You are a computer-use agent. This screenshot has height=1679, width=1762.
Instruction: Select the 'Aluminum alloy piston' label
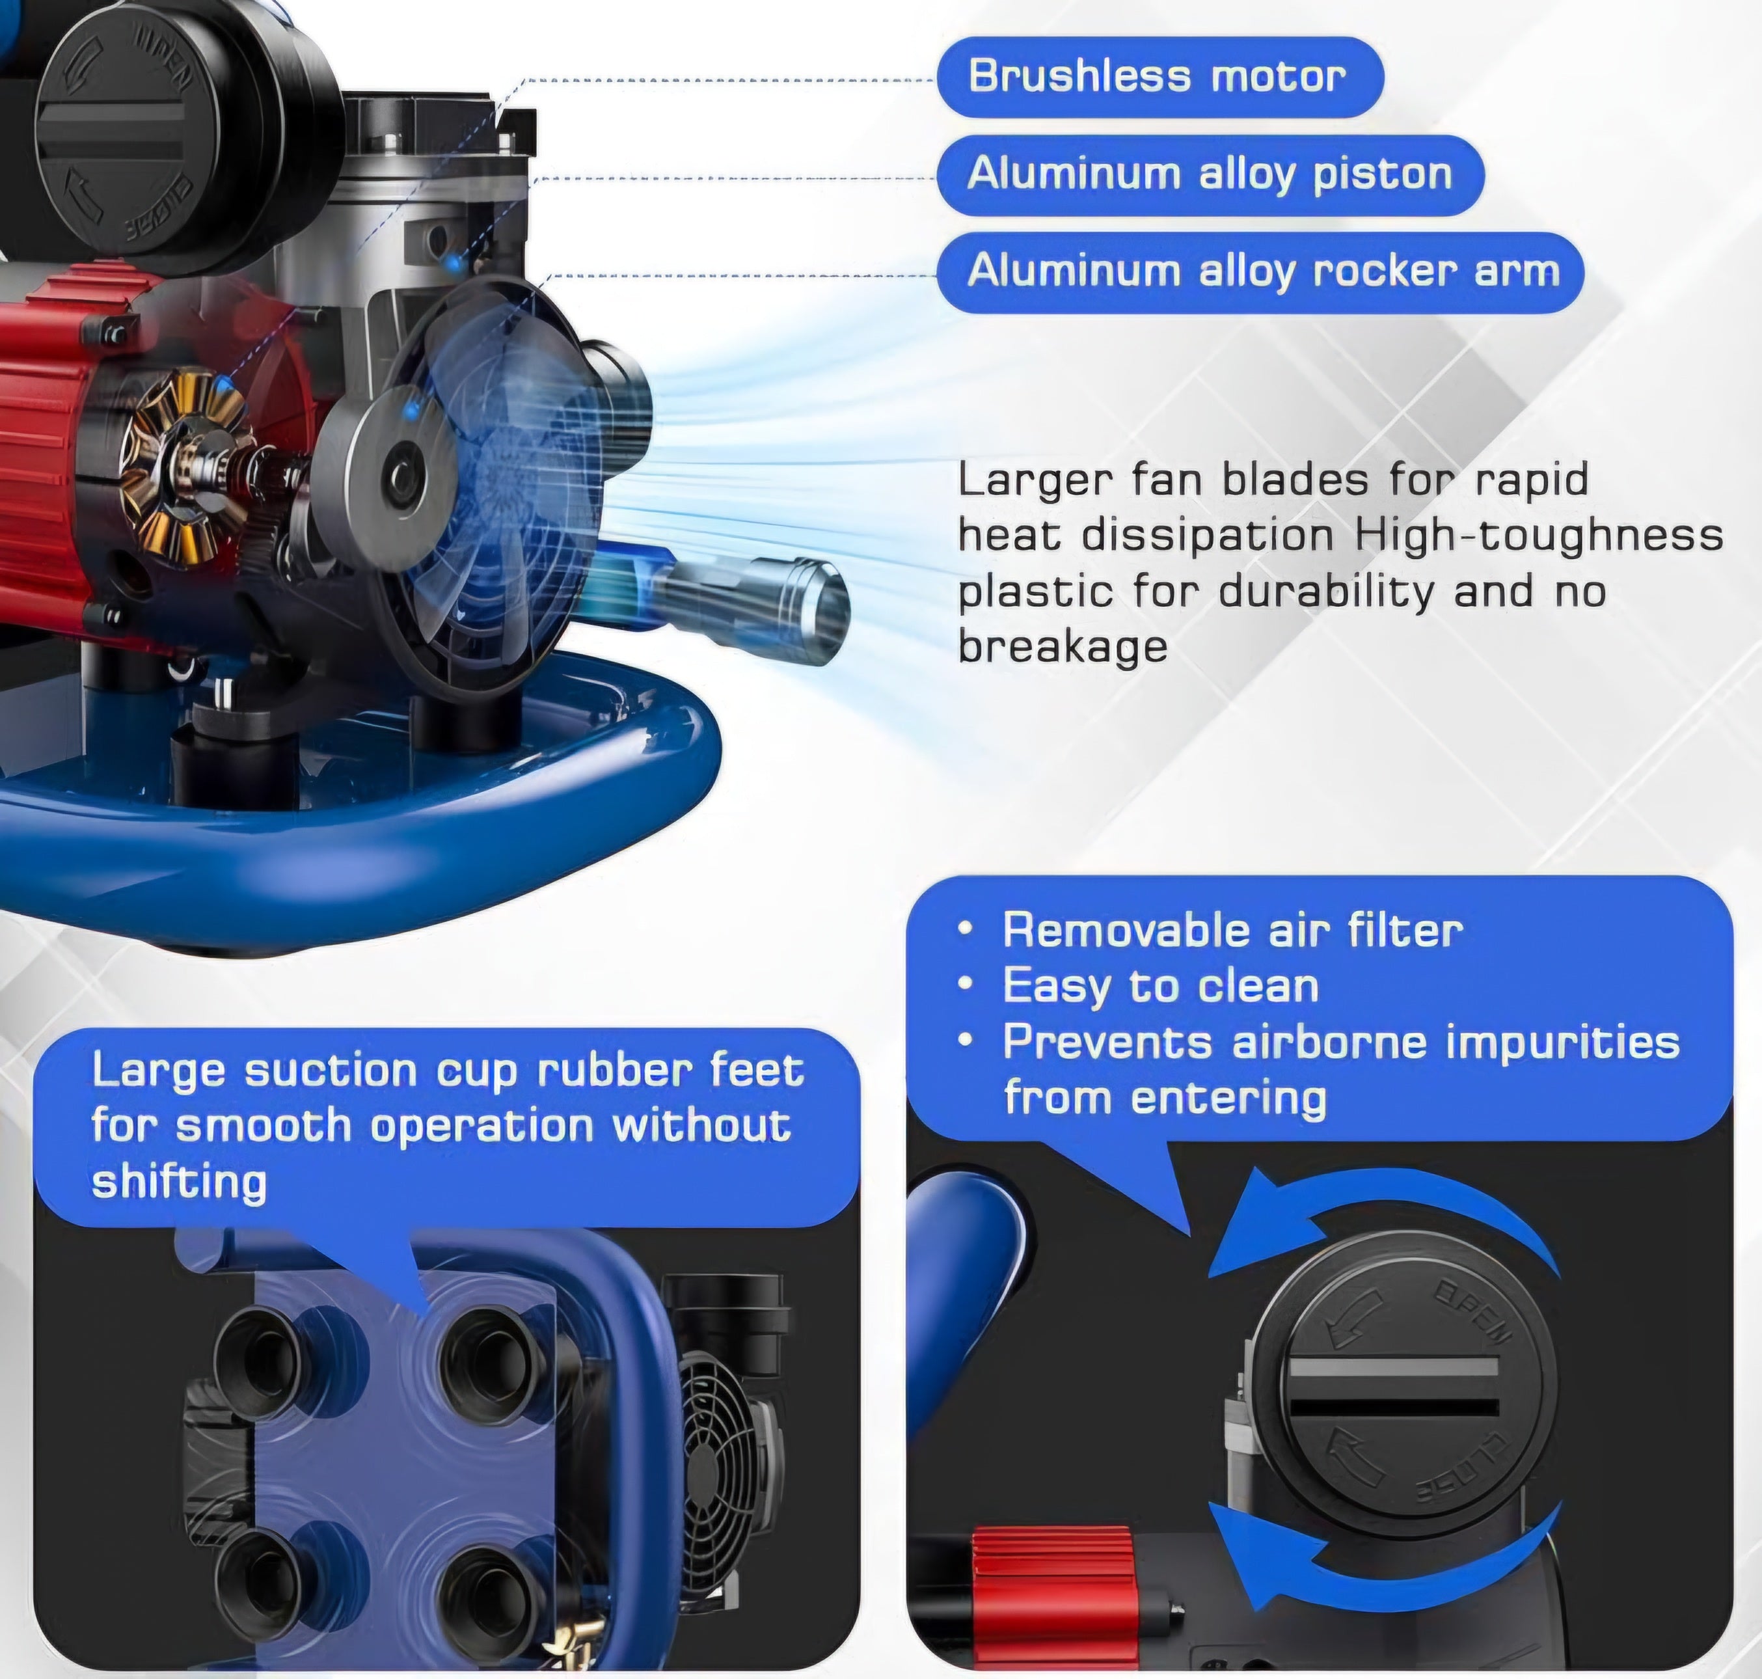pyautogui.click(x=1210, y=174)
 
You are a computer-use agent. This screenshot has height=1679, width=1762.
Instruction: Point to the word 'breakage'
pyautogui.click(x=1063, y=646)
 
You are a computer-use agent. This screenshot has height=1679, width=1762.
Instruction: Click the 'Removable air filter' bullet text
pyautogui.click(x=1232, y=931)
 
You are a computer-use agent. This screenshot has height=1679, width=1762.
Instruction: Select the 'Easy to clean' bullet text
pyautogui.click(x=1161, y=987)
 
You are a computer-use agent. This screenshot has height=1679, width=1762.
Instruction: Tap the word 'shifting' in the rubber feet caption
pyautogui.click(x=179, y=1182)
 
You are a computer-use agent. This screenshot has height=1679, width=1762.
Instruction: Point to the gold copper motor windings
pyautogui.click(x=183, y=461)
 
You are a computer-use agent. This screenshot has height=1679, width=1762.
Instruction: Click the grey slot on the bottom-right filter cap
pyautogui.click(x=1392, y=1369)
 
